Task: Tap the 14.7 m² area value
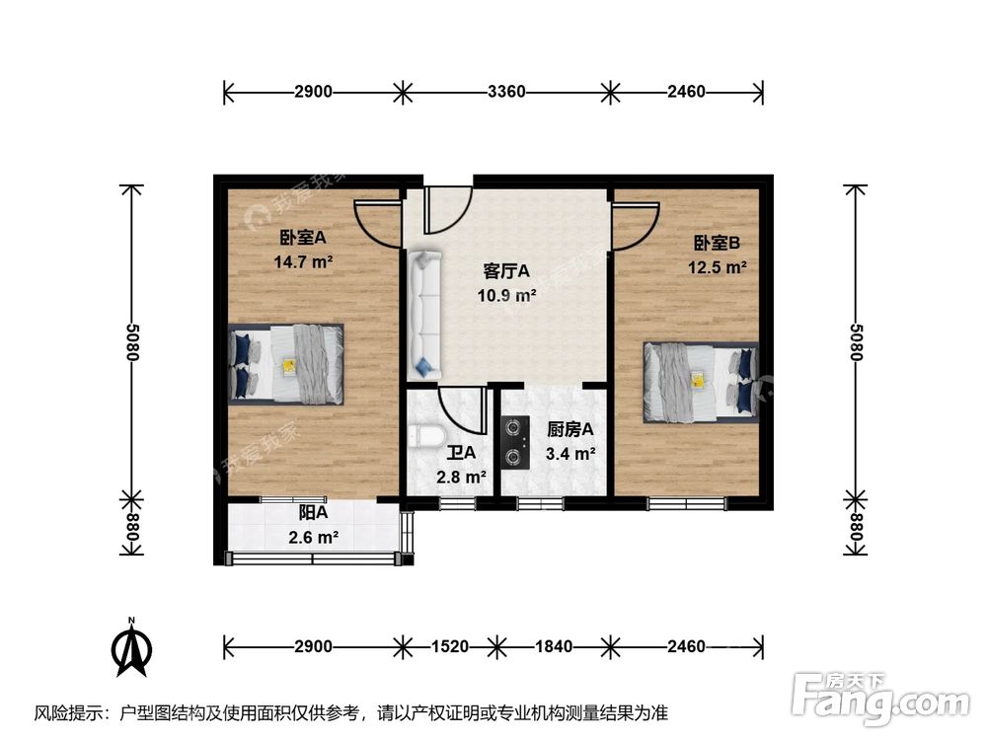303,262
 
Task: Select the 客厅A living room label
507,270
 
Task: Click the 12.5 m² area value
717,267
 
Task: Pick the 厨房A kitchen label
570,430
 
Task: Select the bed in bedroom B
701,381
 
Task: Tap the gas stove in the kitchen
514,442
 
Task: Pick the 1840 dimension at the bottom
555,647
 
